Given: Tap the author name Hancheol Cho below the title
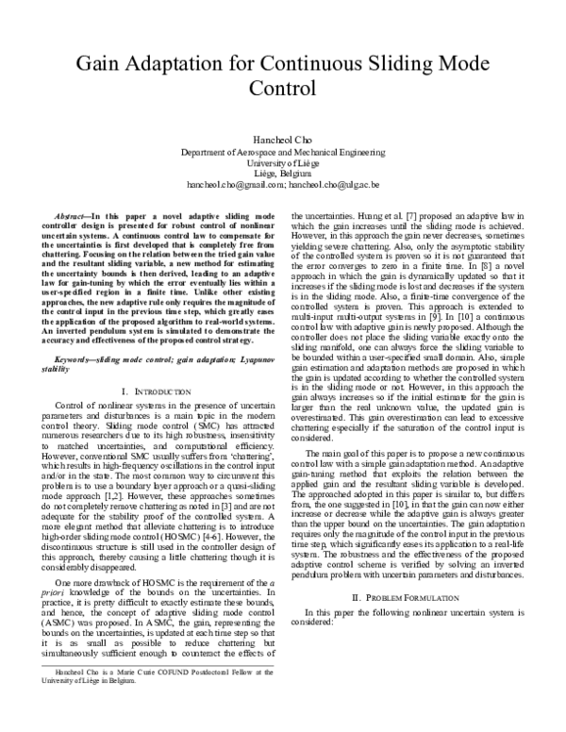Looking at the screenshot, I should (283, 139).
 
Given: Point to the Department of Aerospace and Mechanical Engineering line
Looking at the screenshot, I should (283, 151).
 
